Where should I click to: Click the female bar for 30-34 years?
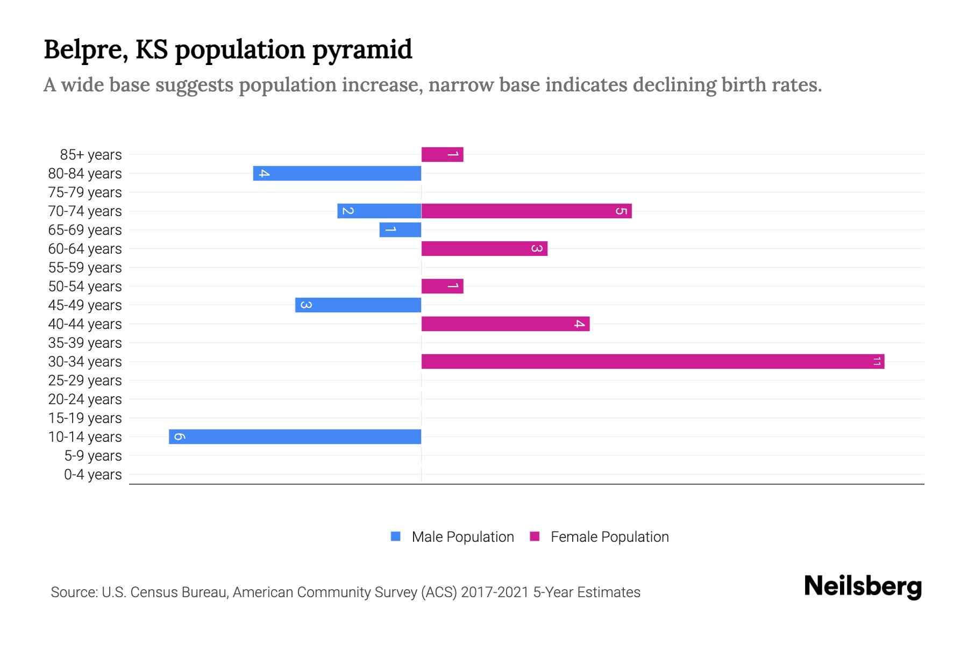click(652, 361)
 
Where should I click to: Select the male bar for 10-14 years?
click(295, 436)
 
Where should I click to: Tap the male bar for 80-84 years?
click(337, 173)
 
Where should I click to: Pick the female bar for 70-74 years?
click(526, 211)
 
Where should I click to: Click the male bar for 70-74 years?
click(379, 211)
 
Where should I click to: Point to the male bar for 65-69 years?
click(400, 230)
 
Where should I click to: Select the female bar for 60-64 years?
click(484, 248)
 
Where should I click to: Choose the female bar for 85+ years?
click(442, 154)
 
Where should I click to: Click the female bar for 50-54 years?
click(442, 286)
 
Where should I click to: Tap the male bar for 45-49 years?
click(358, 305)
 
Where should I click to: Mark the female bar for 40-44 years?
click(505, 324)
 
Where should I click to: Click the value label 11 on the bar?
click(877, 361)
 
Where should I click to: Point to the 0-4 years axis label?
click(92, 475)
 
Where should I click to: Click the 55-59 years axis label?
click(85, 268)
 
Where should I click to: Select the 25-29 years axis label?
click(85, 381)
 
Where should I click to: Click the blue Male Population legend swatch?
click(396, 536)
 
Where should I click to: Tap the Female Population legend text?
click(609, 537)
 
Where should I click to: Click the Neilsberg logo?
click(863, 586)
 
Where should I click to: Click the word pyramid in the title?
click(362, 50)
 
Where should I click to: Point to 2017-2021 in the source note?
click(495, 592)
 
